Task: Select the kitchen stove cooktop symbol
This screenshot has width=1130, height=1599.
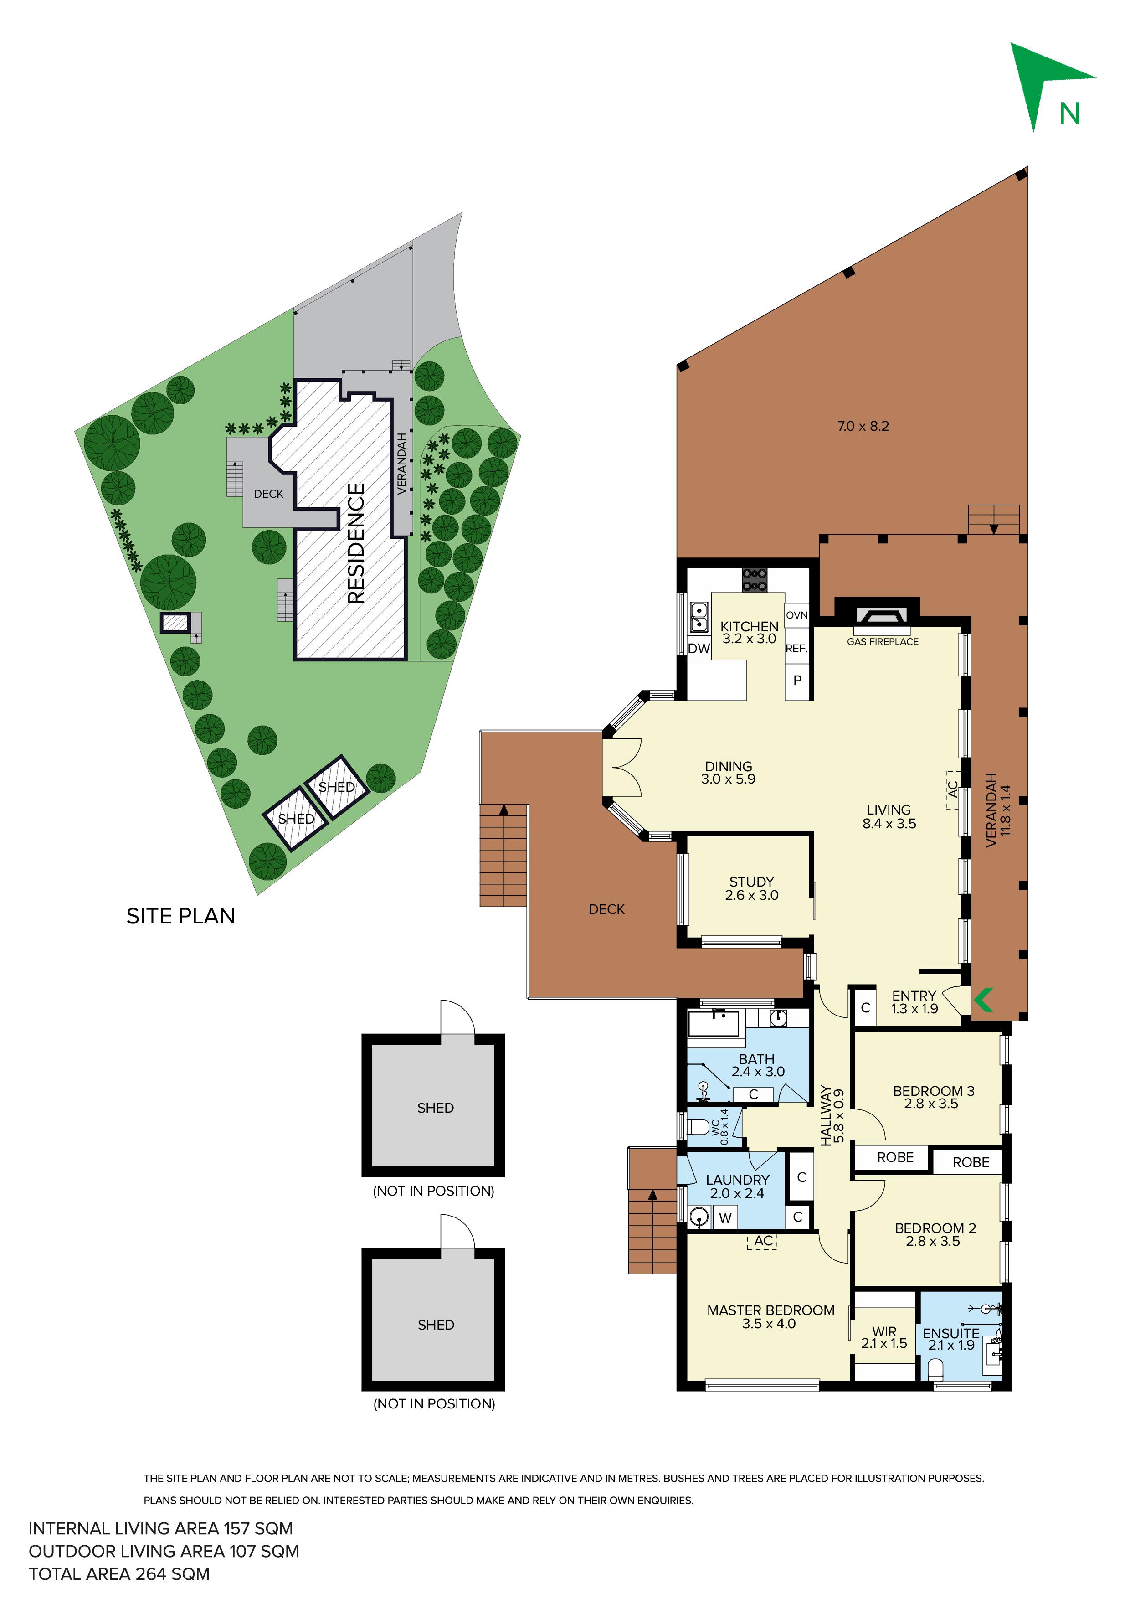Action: click(754, 579)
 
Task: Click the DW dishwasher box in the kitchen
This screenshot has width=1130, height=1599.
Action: click(699, 648)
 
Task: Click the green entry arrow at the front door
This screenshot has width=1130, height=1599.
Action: click(982, 1001)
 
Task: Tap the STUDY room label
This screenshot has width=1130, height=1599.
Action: click(751, 882)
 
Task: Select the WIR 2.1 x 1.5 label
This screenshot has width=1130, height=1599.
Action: click(884, 1337)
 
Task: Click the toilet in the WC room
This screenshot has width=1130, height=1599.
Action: click(700, 1126)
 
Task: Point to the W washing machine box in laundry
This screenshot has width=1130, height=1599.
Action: click(725, 1218)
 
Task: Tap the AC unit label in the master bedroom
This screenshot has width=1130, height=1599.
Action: click(763, 1241)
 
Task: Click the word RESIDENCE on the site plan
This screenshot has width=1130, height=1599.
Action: click(356, 543)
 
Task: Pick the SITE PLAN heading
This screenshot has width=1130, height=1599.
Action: click(180, 916)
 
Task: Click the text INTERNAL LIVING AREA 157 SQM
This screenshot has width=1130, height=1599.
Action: click(161, 1529)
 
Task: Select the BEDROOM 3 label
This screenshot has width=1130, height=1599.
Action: click(934, 1091)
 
